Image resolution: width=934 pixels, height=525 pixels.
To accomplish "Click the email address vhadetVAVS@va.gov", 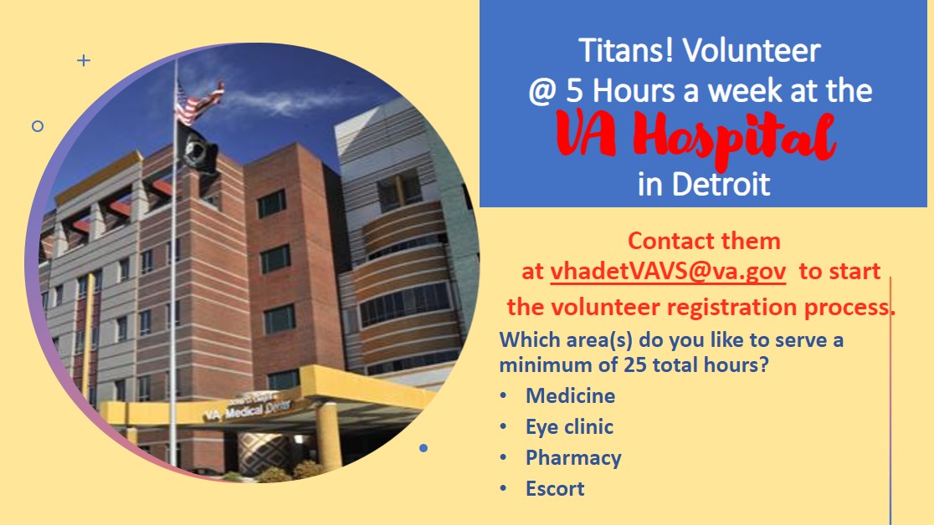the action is click(668, 272).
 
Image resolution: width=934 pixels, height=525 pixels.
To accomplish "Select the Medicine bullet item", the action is click(570, 395).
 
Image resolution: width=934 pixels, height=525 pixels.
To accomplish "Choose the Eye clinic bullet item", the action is click(569, 427).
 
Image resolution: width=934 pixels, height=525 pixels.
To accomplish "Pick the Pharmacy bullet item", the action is click(573, 458).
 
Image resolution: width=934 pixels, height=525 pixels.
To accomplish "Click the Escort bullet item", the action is click(555, 489).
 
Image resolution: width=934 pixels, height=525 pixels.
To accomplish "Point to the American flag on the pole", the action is click(199, 103).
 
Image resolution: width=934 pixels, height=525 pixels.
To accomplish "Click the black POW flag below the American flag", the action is click(198, 148).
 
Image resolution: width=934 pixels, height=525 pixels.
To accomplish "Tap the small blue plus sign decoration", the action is click(84, 60).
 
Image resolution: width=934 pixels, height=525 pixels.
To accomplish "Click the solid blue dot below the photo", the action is click(423, 447).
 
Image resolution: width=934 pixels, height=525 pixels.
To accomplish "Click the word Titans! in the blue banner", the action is click(626, 50).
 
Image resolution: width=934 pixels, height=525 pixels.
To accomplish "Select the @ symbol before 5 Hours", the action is click(542, 92).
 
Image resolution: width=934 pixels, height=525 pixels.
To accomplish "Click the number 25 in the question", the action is click(635, 364).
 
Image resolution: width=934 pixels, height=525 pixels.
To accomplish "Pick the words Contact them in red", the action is click(704, 241).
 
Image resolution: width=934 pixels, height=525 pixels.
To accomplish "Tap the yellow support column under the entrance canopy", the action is click(329, 435).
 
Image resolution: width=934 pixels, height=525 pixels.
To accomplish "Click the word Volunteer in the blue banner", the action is click(752, 50).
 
